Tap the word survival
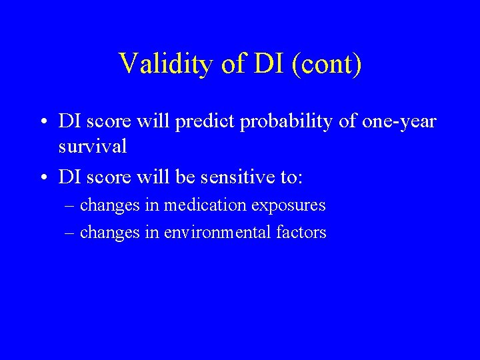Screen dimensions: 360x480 [x=92, y=146]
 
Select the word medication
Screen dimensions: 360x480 [x=205, y=205]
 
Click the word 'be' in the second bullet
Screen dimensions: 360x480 [x=185, y=177]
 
